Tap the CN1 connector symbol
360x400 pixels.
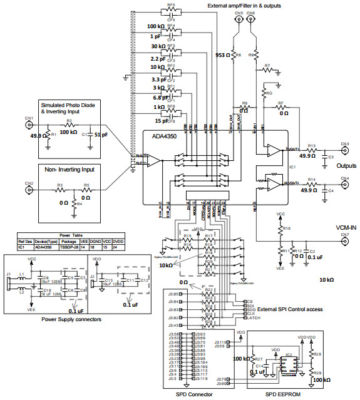[29, 125]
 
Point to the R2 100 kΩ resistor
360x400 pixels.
[69, 125]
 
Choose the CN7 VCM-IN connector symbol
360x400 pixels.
[344, 242]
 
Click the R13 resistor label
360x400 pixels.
[311, 145]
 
